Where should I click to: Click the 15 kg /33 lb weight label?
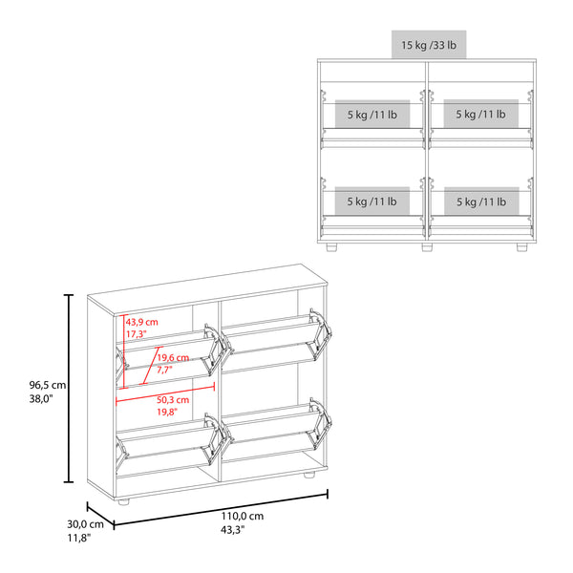(428, 45)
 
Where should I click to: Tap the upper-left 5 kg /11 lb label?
(371, 115)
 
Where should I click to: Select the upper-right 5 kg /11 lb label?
(479, 115)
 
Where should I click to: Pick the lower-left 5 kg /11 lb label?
(371, 202)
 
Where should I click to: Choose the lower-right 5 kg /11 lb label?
(479, 202)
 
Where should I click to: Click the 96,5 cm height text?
(46, 386)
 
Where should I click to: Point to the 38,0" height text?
(42, 401)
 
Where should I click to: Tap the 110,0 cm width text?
(243, 516)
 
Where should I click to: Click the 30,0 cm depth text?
(85, 524)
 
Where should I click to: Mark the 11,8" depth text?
(80, 539)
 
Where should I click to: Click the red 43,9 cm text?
(142, 322)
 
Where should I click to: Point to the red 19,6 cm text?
(173, 359)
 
